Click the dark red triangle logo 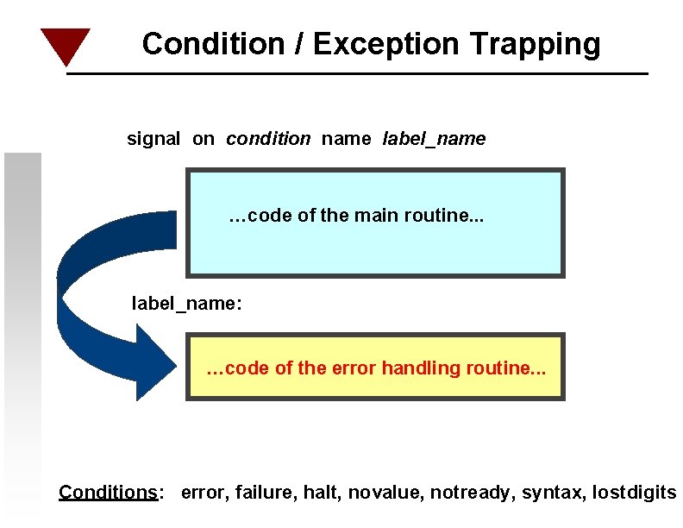click(65, 44)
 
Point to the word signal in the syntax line click(154, 138)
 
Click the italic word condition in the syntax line click(268, 138)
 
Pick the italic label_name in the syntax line click(434, 138)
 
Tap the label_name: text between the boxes click(185, 303)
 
